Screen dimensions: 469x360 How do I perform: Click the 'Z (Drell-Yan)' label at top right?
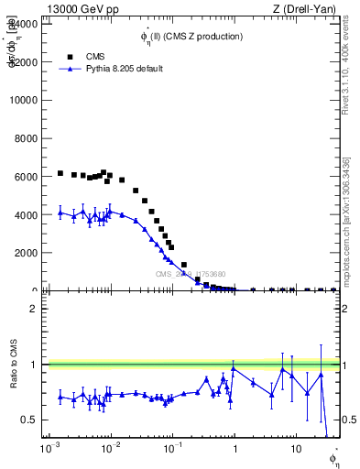pyautogui.click(x=308, y=8)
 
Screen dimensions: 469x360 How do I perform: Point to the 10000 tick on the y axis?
pyautogui.click(x=23, y=100)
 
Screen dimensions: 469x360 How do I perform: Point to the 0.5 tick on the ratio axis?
pyautogui.click(x=30, y=420)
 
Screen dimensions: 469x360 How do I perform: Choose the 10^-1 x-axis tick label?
pyautogui.click(x=171, y=450)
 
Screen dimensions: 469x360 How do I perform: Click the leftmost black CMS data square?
pyautogui.click(x=60, y=173)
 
